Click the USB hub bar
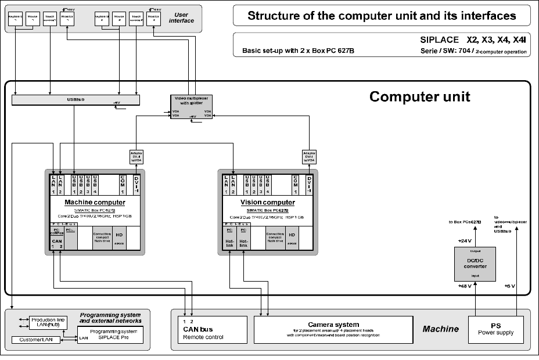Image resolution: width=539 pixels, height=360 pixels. [76, 100]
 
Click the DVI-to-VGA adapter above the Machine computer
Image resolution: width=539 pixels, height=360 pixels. [136, 157]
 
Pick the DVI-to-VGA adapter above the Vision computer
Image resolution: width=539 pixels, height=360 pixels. [309, 157]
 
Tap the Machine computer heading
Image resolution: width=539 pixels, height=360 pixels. [94, 202]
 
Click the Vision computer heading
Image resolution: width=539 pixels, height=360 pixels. [267, 202]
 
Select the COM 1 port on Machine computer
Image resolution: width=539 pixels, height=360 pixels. [123, 184]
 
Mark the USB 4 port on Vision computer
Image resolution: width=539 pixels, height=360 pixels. [268, 184]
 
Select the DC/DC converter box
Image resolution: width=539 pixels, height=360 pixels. [475, 263]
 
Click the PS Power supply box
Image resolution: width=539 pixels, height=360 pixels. [495, 330]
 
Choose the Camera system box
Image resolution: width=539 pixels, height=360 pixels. [333, 329]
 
